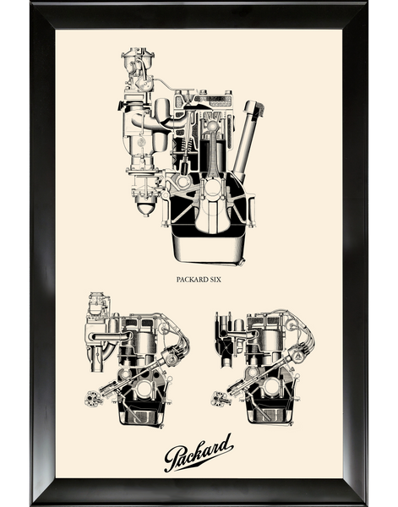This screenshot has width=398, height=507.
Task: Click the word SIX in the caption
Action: [216, 280]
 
